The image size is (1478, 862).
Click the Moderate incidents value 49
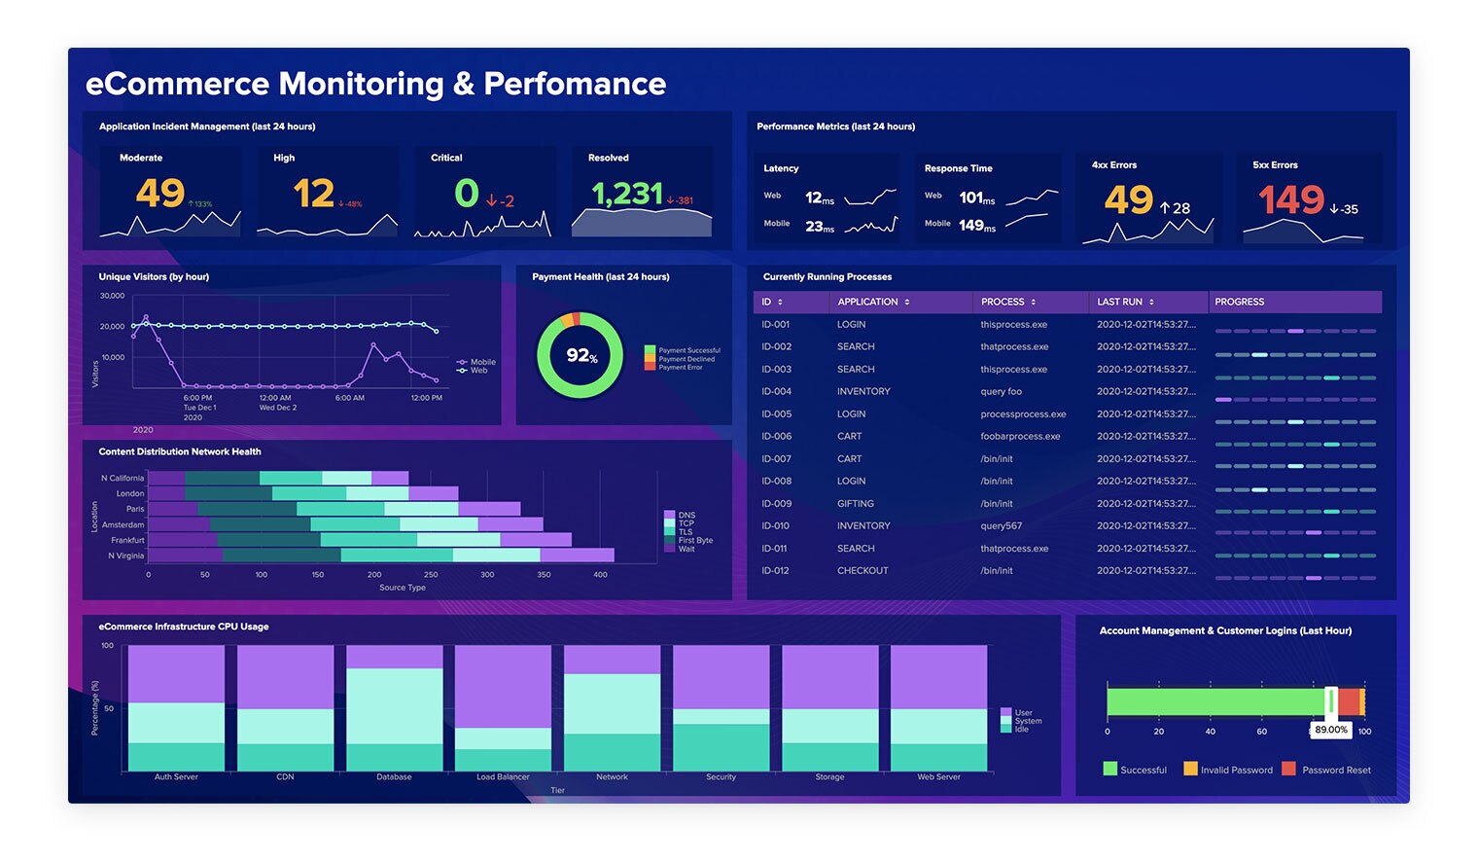[x=160, y=193]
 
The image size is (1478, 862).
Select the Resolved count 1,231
[x=627, y=195]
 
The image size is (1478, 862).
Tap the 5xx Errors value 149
[x=1290, y=200]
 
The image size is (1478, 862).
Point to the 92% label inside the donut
[x=581, y=356]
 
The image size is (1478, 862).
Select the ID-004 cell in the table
[x=776, y=391]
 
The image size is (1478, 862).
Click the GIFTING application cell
[x=855, y=504]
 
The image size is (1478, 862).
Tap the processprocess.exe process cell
[x=1023, y=414]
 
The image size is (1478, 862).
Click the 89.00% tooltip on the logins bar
[x=1330, y=730]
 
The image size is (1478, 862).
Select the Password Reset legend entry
[x=1335, y=770]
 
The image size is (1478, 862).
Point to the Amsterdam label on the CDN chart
[x=123, y=524]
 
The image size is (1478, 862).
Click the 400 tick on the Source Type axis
[x=600, y=575]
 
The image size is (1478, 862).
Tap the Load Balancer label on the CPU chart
[x=503, y=777]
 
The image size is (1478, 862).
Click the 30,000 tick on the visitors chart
[x=112, y=296]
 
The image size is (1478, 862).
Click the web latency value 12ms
[x=819, y=198]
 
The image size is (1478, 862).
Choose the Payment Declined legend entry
[x=686, y=359]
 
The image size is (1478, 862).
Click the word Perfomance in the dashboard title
[x=575, y=85]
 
